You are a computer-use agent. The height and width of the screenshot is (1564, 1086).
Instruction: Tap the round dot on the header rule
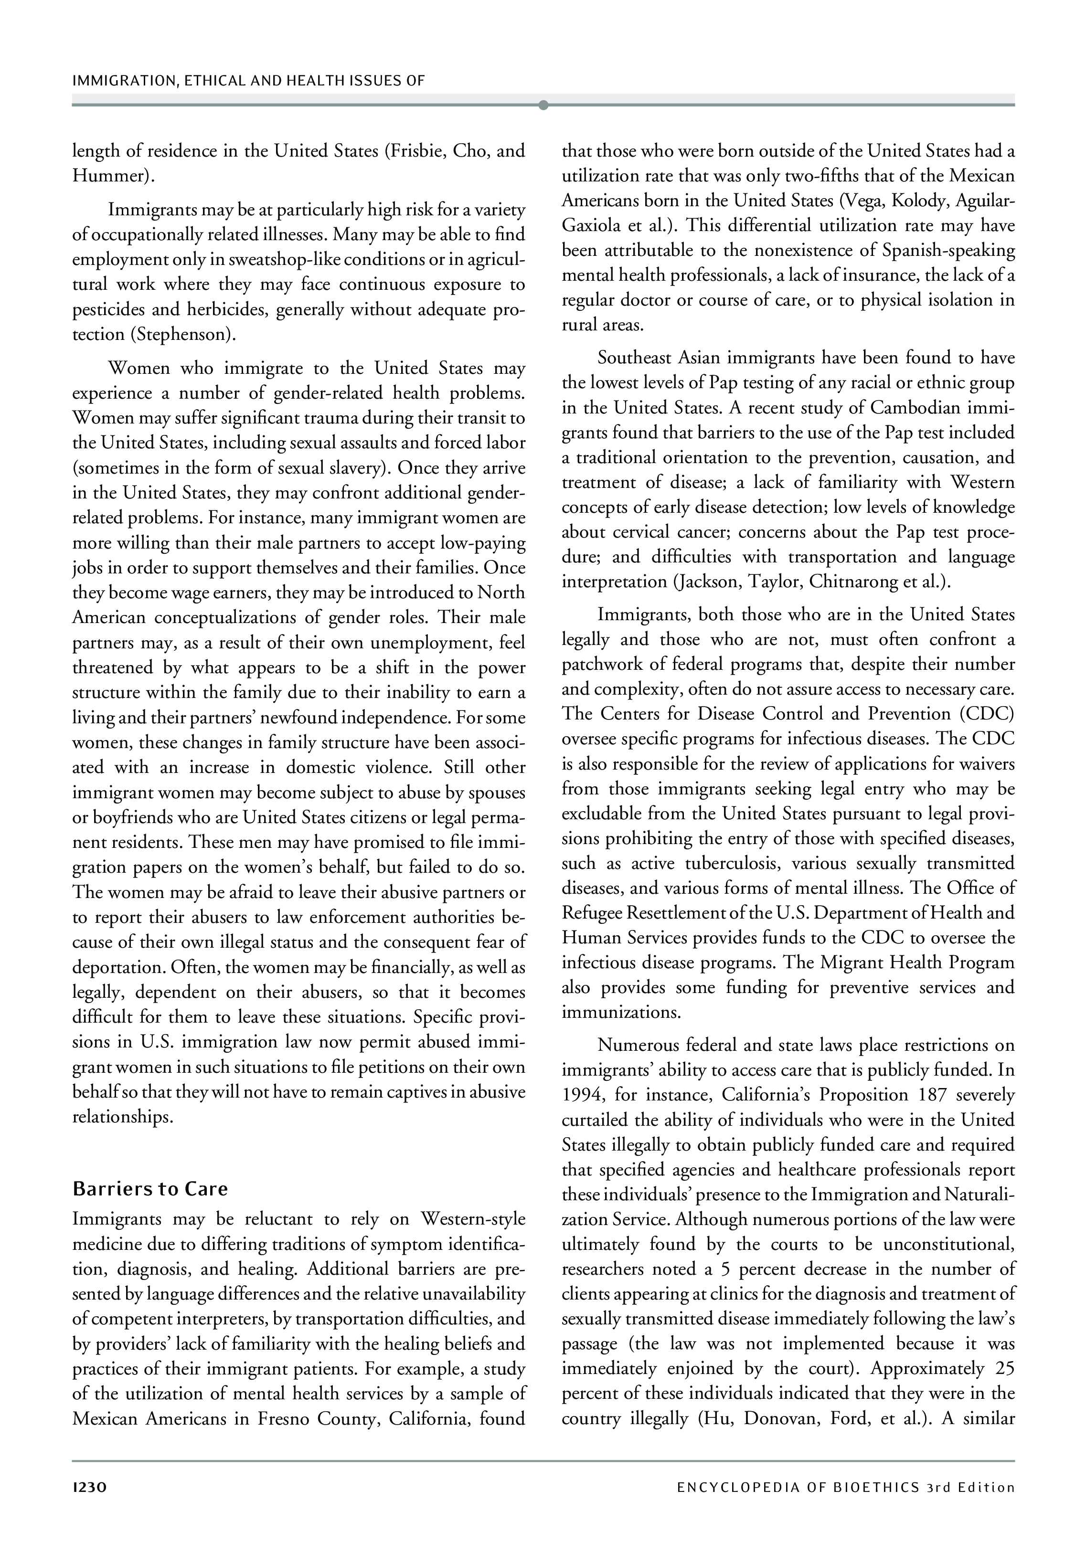click(543, 105)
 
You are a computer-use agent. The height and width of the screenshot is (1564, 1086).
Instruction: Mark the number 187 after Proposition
click(934, 1095)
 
